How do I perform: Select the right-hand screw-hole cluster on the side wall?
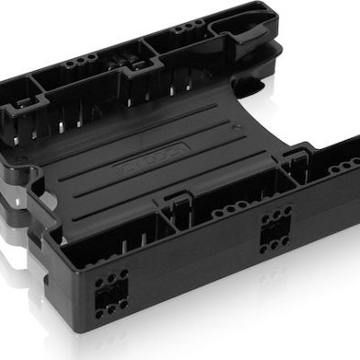pyautogui.click(x=275, y=230)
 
